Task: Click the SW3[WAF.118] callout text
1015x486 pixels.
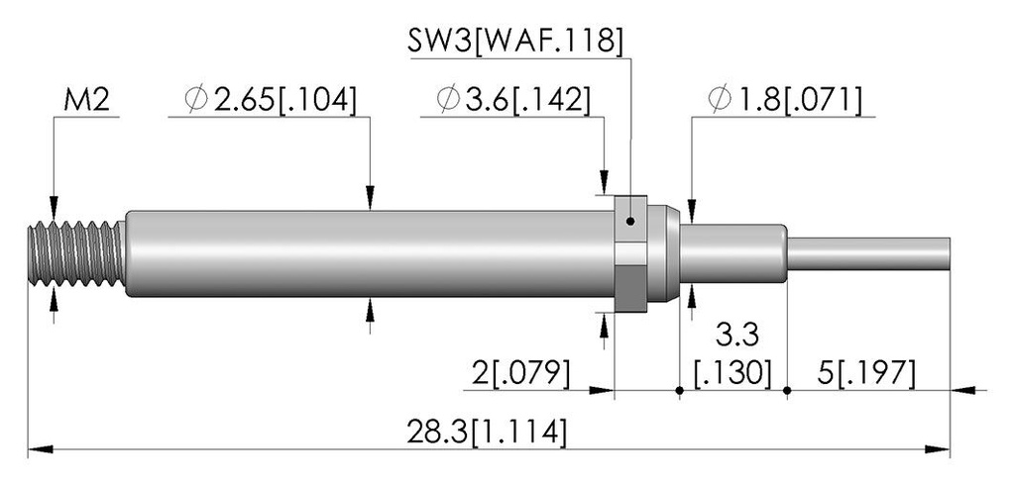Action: [x=515, y=41]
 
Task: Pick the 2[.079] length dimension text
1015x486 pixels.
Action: [x=520, y=373]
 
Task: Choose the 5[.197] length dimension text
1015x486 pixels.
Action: [x=866, y=373]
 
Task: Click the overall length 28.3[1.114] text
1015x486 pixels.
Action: [x=487, y=432]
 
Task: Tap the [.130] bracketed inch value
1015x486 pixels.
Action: [x=733, y=373]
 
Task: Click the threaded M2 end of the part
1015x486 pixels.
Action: [x=76, y=252]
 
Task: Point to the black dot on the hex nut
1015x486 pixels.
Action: [x=630, y=222]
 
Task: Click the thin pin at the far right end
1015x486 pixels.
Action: [x=868, y=254]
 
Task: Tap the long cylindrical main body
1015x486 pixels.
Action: [x=369, y=253]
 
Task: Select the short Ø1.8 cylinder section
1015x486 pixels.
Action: [x=733, y=253]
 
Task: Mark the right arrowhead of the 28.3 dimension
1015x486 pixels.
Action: [x=938, y=449]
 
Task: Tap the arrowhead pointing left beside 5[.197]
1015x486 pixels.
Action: [x=963, y=390]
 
